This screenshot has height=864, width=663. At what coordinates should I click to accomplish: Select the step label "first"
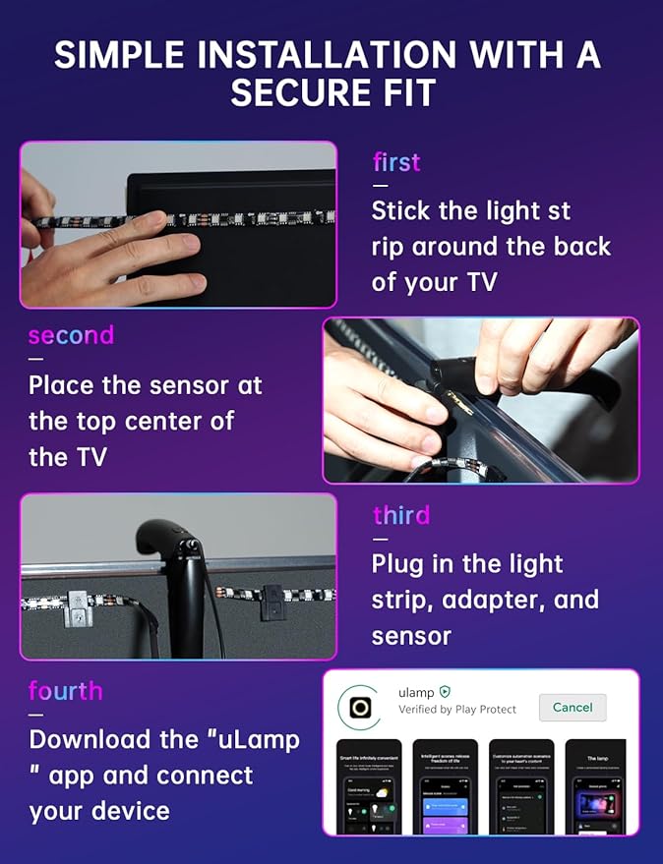click(x=396, y=162)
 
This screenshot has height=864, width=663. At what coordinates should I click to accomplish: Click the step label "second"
click(x=71, y=335)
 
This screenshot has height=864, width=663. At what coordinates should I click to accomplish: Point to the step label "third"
click(x=401, y=515)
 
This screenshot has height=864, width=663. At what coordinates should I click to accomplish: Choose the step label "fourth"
click(x=65, y=691)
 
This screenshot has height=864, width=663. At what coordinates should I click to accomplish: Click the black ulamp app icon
click(x=359, y=707)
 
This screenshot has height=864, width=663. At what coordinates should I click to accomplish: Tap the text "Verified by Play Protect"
click(x=458, y=710)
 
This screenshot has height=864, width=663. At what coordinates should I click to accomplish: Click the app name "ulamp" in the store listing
click(x=416, y=691)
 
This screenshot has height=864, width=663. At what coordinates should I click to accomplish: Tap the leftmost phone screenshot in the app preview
click(x=369, y=786)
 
